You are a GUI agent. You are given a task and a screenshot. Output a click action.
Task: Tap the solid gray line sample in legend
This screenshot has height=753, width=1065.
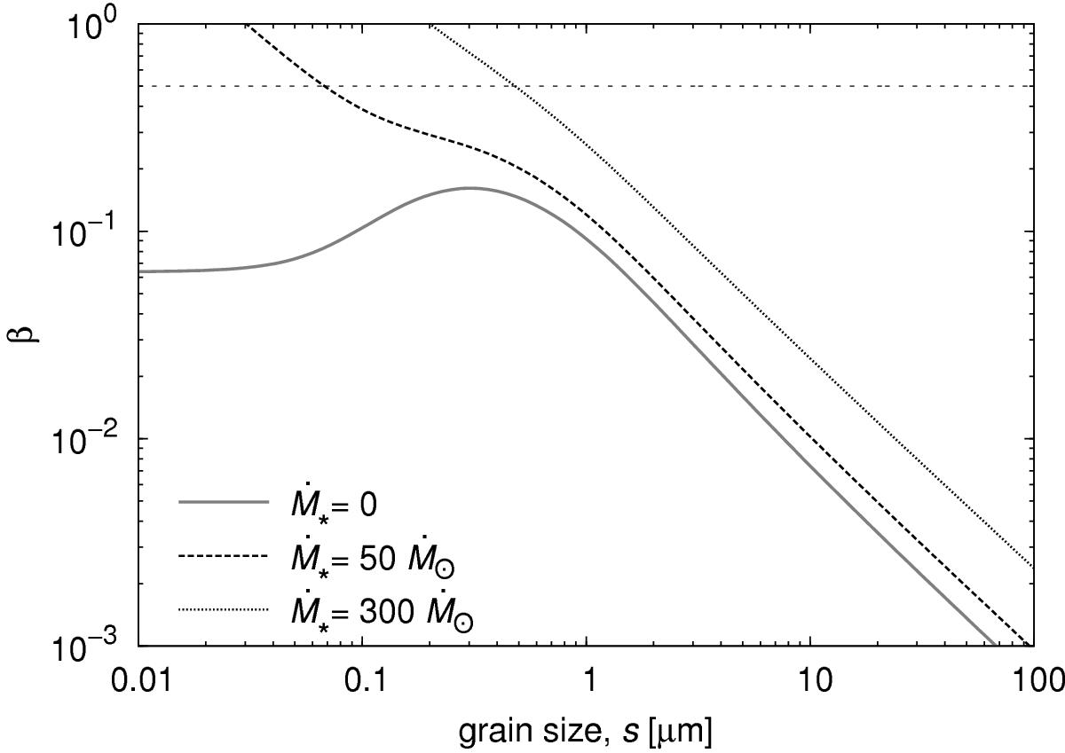[223, 502]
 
